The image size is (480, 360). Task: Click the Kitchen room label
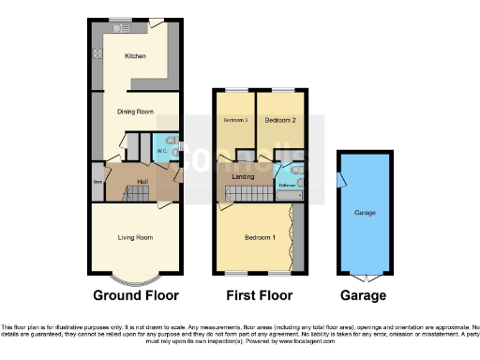click(136, 56)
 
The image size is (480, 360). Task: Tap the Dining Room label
click(134, 112)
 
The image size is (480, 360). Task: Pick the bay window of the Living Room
click(134, 278)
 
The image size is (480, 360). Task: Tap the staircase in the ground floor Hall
click(138, 193)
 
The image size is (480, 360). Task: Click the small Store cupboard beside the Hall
click(97, 182)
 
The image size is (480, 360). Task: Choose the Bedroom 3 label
click(234, 121)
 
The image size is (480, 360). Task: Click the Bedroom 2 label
click(279, 121)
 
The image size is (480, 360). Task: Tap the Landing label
click(242, 175)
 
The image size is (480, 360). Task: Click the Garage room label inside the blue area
click(365, 214)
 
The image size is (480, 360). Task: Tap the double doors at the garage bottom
click(365, 277)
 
